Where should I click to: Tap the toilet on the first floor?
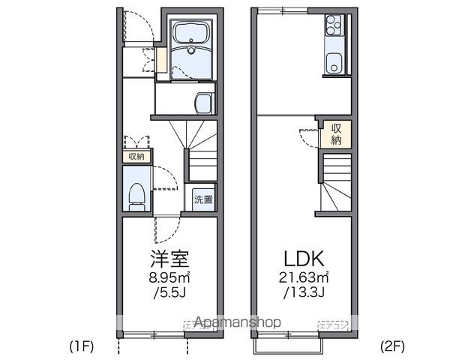(136, 193)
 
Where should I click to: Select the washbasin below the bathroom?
(202, 102)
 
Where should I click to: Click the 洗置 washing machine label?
(203, 199)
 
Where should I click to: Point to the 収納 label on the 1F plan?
(136, 157)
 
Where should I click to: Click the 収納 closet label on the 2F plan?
(337, 133)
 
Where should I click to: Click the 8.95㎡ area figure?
(169, 277)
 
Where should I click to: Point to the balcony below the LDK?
(289, 342)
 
